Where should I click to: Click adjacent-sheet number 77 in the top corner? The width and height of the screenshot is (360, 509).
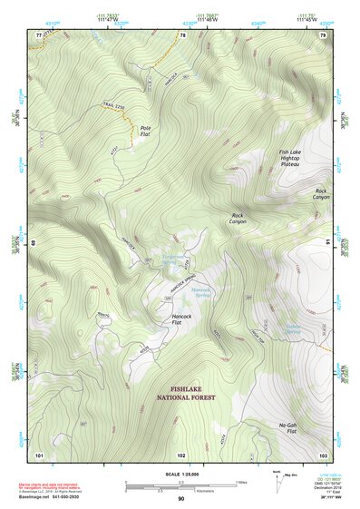[39, 34]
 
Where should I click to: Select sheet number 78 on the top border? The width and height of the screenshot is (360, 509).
[182, 34]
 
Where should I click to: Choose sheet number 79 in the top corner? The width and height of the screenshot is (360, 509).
[323, 34]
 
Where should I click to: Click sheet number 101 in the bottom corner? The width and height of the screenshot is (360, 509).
[39, 453]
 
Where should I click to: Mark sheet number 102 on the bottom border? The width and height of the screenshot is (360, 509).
[181, 453]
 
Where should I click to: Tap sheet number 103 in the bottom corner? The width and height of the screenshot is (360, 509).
[323, 453]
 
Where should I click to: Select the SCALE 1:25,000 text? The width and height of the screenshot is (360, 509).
[180, 474]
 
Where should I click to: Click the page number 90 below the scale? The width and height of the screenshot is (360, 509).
[181, 499]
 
